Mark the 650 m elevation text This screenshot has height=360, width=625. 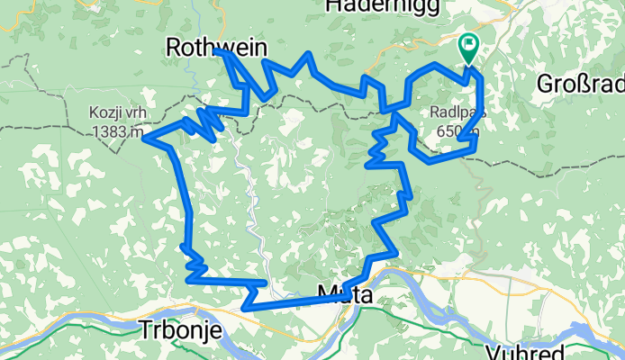[457, 130]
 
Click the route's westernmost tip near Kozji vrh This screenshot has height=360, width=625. [145, 138]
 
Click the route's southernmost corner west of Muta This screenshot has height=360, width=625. [244, 308]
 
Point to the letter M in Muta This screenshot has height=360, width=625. [327, 293]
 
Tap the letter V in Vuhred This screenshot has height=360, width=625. [491, 351]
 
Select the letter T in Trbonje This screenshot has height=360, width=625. [146, 330]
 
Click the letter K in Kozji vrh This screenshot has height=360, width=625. [94, 113]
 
